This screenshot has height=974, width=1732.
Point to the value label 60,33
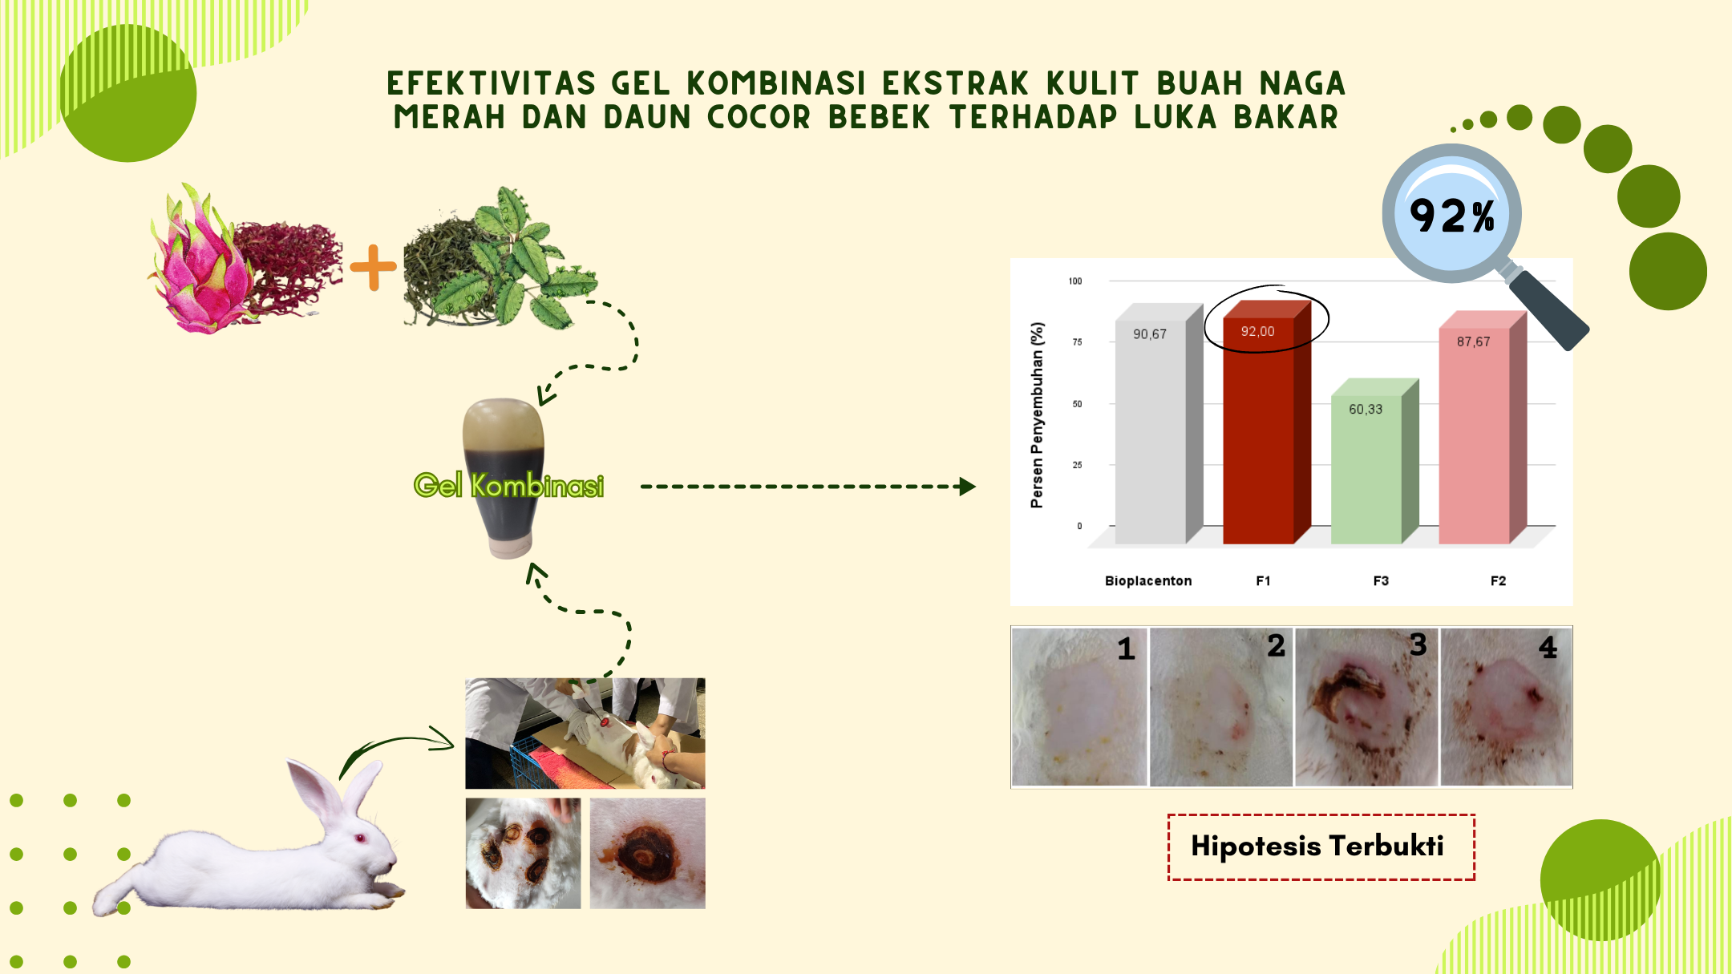[x=1366, y=409]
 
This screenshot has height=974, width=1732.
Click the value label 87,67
[x=1474, y=342]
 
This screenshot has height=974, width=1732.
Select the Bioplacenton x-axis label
[x=1148, y=580]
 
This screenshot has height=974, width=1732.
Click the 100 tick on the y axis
[x=1075, y=281]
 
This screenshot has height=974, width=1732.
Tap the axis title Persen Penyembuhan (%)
[x=1038, y=415]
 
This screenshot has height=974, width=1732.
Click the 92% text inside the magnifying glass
[x=1452, y=216]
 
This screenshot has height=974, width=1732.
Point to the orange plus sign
[x=373, y=267]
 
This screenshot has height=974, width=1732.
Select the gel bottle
[x=504, y=478]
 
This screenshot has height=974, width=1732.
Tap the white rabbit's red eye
[x=360, y=839]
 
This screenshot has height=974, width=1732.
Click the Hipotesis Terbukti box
[x=1321, y=847]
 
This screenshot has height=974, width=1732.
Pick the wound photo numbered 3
[x=1366, y=706]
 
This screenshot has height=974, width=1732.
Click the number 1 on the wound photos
[x=1127, y=649]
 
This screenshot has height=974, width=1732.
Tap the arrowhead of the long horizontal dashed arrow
[x=968, y=487]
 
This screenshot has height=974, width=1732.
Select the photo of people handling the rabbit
[x=585, y=734]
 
